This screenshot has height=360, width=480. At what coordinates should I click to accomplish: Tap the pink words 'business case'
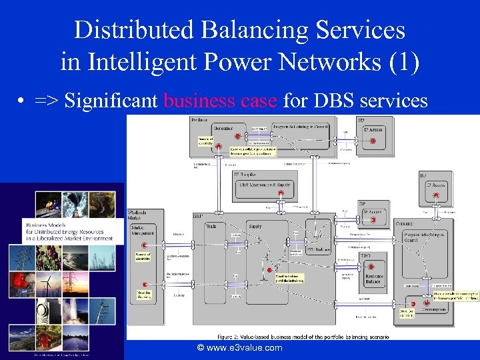pos(220,101)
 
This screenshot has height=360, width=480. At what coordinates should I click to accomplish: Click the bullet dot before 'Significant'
pos(22,101)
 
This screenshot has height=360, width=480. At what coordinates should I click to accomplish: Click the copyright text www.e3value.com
pos(239,347)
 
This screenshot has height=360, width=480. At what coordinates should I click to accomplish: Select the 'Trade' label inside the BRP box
pos(211,227)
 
